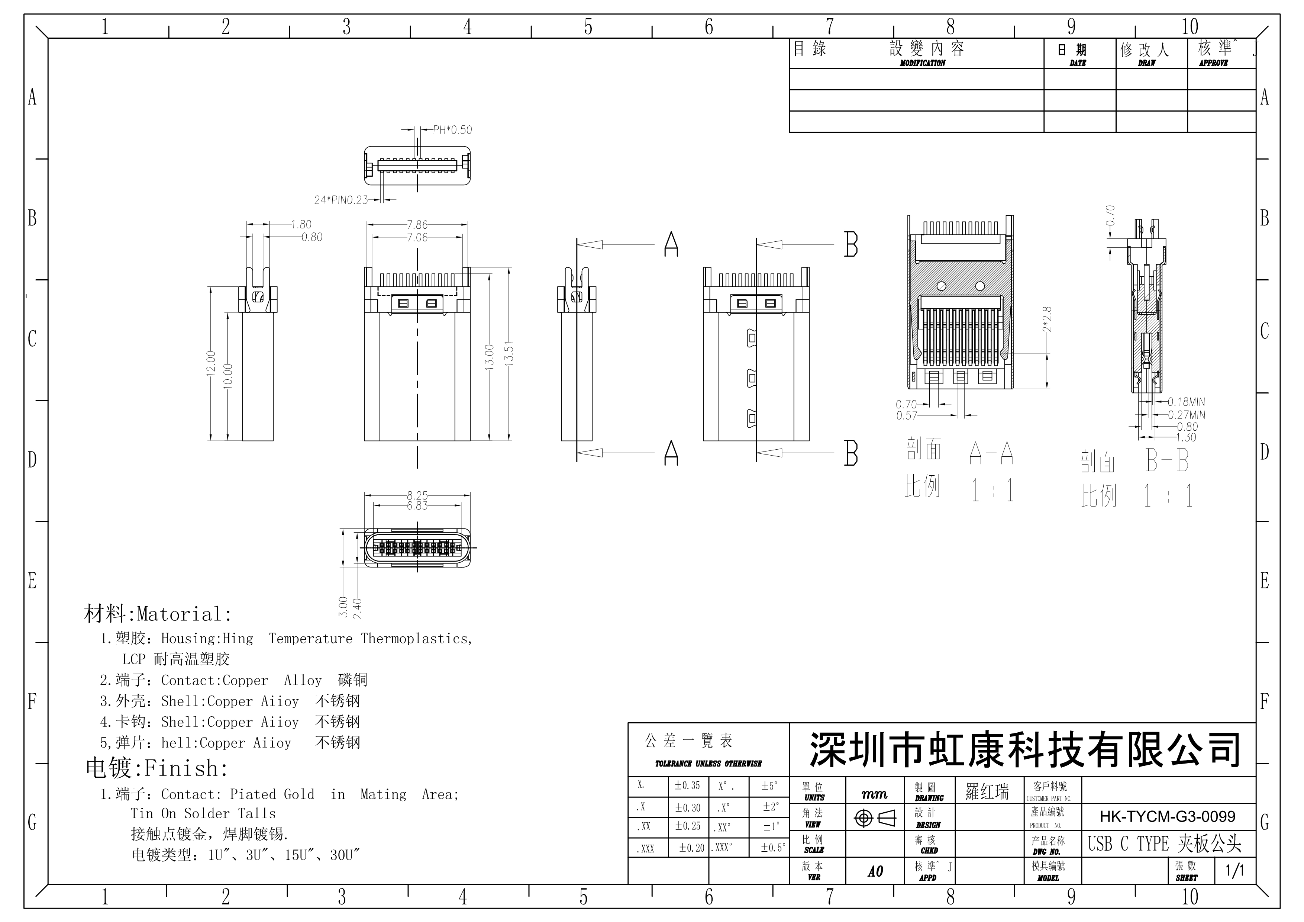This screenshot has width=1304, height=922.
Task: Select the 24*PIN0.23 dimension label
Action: pos(341,200)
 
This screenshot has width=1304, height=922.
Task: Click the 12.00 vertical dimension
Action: pos(211,364)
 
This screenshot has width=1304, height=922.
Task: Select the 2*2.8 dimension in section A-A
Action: pos(1047,319)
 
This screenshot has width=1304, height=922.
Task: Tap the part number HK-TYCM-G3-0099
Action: pos(1167,817)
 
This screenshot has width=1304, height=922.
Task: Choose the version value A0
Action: pos(875,871)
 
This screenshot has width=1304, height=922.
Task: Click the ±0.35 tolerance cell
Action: pos(687,786)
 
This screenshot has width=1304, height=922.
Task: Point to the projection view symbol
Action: pos(875,819)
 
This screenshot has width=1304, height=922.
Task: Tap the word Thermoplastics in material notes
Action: pos(416,639)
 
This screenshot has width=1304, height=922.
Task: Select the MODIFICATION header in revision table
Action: pos(922,63)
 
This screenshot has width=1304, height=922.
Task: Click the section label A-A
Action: pos(991,453)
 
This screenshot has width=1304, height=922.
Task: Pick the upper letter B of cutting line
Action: pos(850,245)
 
